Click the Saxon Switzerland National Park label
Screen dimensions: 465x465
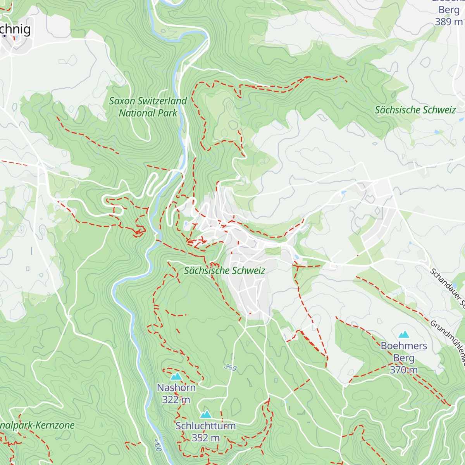tap(148, 107)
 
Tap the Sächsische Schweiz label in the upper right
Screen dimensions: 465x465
tap(415, 110)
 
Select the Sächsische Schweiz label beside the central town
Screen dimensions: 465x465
tap(224, 270)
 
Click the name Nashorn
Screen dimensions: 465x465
tap(176, 387)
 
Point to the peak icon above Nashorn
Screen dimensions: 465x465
tap(176, 376)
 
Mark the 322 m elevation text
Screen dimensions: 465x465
tap(176, 400)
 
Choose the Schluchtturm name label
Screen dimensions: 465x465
tap(205, 426)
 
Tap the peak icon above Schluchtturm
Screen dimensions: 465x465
tap(205, 415)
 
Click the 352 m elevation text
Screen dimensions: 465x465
tap(205, 438)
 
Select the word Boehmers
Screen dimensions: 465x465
tap(404, 346)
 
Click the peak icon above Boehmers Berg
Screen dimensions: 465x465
tap(404, 334)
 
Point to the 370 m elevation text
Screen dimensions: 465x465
tap(404, 370)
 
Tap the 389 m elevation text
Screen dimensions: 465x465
tap(449, 22)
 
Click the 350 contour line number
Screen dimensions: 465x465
tap(230, 367)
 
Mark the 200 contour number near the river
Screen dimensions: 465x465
tap(158, 445)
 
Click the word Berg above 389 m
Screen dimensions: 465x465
tap(449, 10)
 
